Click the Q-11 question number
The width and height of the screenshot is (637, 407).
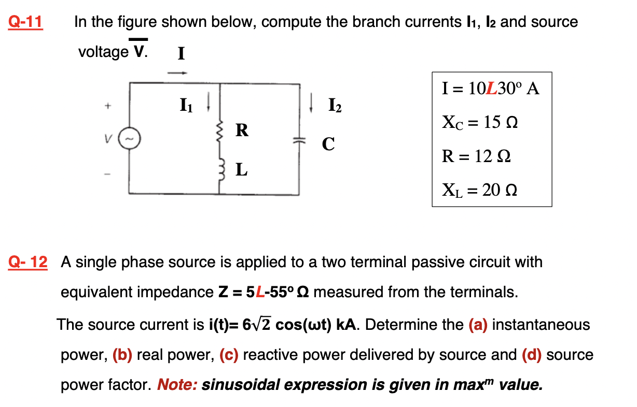point(25,22)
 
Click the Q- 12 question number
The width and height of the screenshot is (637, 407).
point(28,262)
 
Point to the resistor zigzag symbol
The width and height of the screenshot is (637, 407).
point(219,133)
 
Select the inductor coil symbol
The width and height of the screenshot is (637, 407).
point(219,167)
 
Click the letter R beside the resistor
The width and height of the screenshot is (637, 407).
point(242,130)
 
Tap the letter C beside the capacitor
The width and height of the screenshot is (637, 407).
point(327,143)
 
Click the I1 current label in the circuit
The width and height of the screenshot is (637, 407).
point(186,106)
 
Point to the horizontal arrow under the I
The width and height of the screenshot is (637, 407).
point(176,72)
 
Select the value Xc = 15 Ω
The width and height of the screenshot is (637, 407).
point(480,123)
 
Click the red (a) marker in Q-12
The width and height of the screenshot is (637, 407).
point(477,325)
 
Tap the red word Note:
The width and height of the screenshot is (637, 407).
point(177,385)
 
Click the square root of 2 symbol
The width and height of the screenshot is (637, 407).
point(262,325)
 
